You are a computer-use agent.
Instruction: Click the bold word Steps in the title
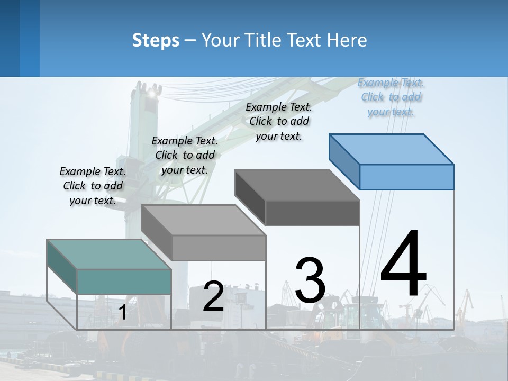[x=156, y=40]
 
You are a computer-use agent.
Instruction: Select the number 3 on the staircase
[x=310, y=280]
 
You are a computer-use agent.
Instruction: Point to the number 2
[x=213, y=296]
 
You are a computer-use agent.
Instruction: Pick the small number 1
[x=122, y=313]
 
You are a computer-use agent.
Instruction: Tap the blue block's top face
[x=392, y=149]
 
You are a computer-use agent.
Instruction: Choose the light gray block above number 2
[x=203, y=220]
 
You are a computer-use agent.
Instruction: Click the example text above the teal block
[x=93, y=186]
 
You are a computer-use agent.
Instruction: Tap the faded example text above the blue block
[x=391, y=97]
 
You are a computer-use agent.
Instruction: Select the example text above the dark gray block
[x=279, y=121]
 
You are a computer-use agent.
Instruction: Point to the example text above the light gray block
[x=185, y=155]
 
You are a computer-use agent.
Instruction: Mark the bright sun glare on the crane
[x=154, y=93]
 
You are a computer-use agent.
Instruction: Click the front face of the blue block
[x=406, y=177]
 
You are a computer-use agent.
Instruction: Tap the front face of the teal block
[x=124, y=282]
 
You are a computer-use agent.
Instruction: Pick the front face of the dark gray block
[x=312, y=213]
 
